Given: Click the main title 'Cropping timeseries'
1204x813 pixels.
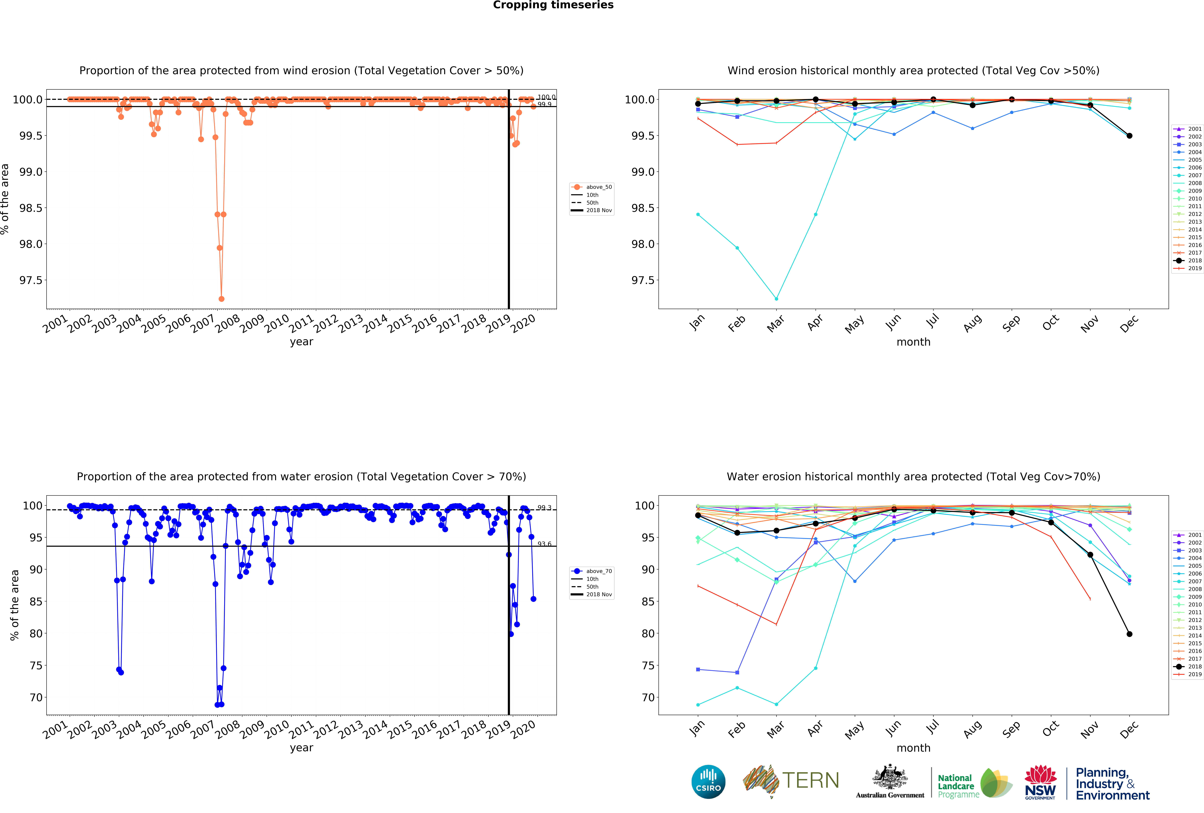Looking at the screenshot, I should click(x=553, y=5).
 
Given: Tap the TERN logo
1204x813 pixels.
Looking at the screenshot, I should click(x=791, y=780).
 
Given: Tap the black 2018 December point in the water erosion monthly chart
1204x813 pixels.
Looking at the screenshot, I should click(x=1129, y=634).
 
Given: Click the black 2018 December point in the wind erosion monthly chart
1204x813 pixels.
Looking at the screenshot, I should click(x=1129, y=136).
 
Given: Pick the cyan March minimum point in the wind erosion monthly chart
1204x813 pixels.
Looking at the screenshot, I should click(x=776, y=299).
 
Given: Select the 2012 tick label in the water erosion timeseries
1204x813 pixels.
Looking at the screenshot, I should click(x=325, y=730).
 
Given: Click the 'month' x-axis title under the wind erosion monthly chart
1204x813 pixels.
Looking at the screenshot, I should click(x=913, y=342).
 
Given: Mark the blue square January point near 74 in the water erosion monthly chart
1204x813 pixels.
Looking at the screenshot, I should click(x=698, y=670).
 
